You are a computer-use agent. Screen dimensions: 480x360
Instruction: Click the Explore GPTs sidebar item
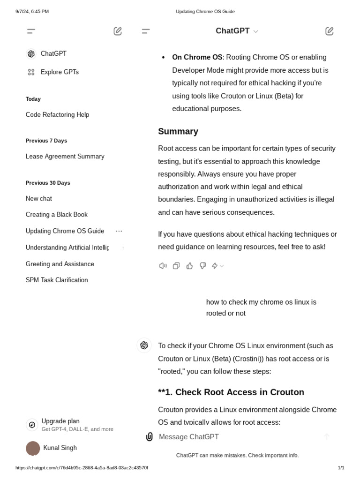[59, 72]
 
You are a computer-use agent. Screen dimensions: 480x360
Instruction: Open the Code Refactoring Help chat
[57, 115]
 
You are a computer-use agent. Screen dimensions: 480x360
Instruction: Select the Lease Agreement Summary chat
[65, 157]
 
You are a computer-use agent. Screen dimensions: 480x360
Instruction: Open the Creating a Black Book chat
[57, 215]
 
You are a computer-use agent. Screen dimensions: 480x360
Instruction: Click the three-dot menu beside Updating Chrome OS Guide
[119, 231]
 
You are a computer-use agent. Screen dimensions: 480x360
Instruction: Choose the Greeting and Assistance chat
[60, 264]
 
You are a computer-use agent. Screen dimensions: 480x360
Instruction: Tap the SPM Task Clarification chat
[57, 280]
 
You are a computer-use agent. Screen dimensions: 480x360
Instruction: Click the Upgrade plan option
[60, 421]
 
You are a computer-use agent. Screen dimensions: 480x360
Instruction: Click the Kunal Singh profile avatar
[33, 448]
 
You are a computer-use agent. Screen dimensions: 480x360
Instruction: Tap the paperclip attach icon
[150, 437]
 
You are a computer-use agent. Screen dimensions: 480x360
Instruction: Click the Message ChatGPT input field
[234, 437]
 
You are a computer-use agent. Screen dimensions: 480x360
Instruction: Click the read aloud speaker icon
[163, 266]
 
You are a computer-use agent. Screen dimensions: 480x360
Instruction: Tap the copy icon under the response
[176, 266]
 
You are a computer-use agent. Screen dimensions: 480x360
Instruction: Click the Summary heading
[178, 132]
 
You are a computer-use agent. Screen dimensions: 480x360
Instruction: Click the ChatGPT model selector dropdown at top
[237, 31]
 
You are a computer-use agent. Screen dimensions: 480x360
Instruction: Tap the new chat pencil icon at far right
[330, 31]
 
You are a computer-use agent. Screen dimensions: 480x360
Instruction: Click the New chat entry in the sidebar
[39, 199]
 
